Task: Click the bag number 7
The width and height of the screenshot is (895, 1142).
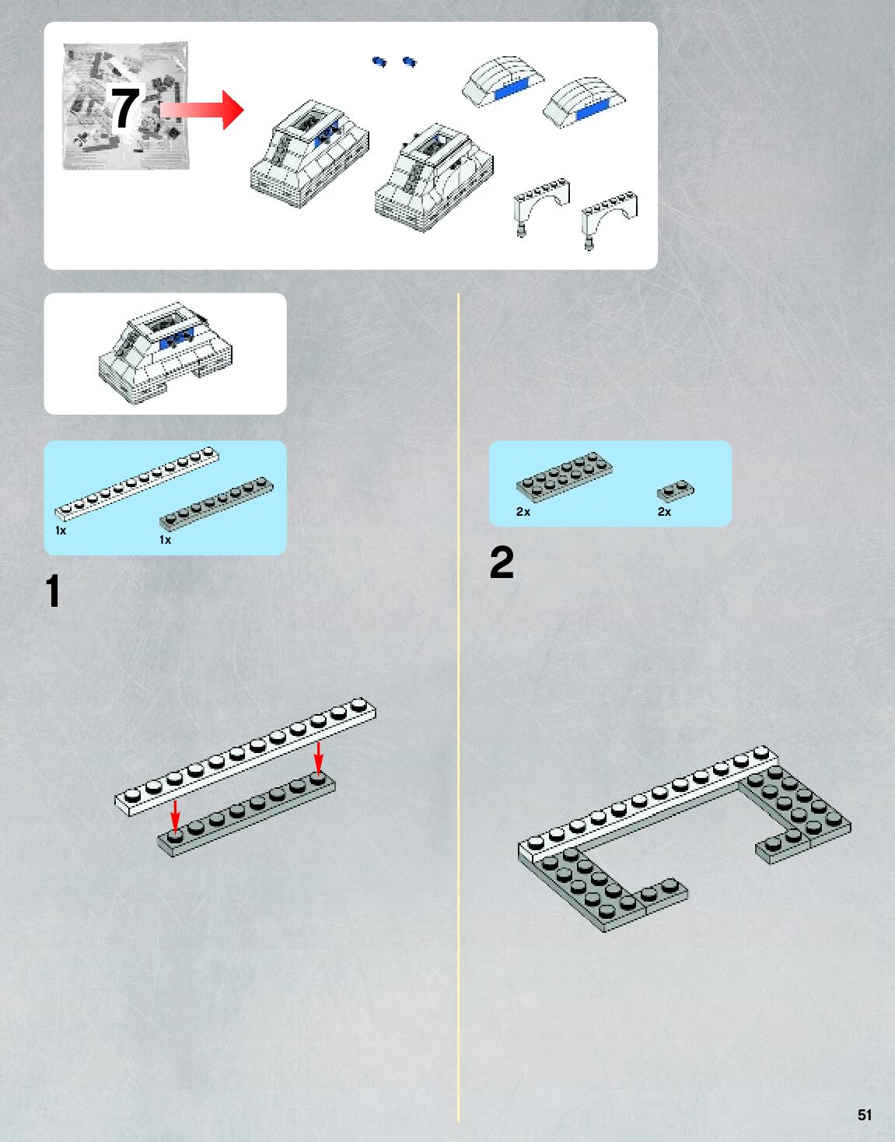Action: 125,107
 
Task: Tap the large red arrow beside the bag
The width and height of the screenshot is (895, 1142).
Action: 202,110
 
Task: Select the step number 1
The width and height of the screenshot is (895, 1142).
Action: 53,590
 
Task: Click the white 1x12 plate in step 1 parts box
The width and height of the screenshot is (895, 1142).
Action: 137,484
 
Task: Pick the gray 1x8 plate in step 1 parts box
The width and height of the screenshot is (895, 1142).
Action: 216,503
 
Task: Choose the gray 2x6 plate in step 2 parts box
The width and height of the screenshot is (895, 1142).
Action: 564,477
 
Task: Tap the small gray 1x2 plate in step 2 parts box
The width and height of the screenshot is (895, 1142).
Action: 676,490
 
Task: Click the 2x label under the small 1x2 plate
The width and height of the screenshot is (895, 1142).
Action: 664,512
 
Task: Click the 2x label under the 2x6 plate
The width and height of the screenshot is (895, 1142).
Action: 523,512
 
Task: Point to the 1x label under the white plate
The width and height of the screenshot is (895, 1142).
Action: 61,531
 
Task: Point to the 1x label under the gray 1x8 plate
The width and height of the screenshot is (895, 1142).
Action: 165,540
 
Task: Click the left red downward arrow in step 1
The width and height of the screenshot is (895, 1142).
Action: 176,815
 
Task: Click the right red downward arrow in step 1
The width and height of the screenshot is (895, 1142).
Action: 318,758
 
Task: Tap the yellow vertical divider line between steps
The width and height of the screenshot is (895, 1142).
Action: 458,707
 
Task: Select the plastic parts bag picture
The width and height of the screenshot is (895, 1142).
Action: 125,106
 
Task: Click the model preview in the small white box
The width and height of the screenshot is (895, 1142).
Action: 166,353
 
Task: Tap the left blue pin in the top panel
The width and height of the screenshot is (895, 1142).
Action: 379,62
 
